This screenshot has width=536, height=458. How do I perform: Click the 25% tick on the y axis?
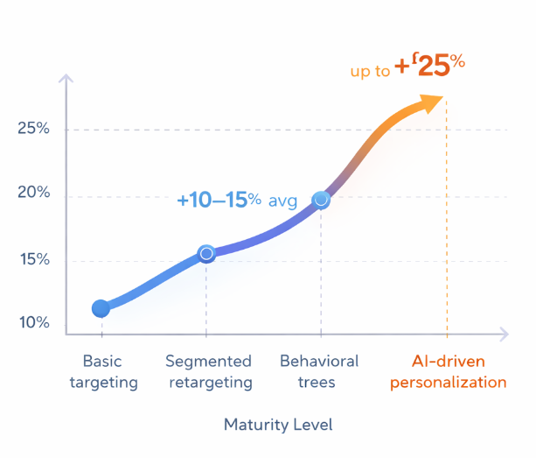point(33,129)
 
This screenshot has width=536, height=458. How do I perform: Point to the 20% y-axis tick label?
point(33,194)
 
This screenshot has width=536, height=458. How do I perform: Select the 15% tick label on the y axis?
point(33,260)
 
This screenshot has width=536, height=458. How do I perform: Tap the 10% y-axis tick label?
point(33,323)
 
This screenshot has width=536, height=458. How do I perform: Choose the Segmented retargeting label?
point(208,371)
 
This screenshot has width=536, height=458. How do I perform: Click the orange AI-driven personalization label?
point(449,371)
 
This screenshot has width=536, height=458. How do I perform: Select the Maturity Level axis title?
point(278,425)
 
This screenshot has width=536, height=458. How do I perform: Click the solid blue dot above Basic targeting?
point(101,308)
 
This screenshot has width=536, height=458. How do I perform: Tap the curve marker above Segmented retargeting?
point(206,254)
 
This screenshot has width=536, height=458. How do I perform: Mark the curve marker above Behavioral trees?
point(321,200)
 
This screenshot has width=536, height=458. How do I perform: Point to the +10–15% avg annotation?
point(236,201)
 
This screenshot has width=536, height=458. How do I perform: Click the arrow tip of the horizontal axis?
point(504,333)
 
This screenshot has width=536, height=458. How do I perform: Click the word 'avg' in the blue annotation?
point(283,201)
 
